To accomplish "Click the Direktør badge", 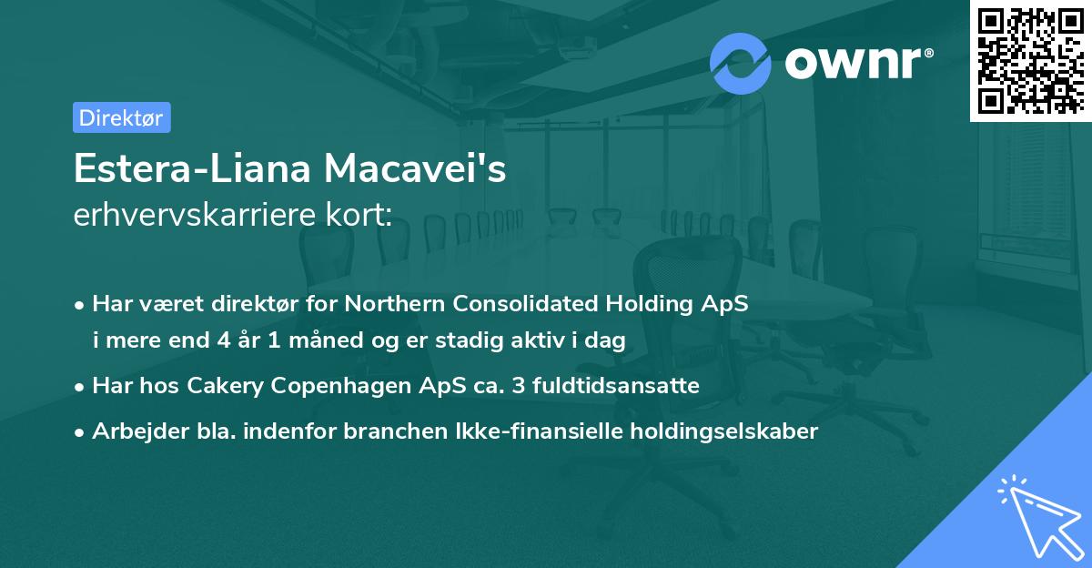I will click(x=121, y=117).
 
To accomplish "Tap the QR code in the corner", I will click(x=1028, y=60).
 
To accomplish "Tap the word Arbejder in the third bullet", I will click(x=132, y=431).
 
